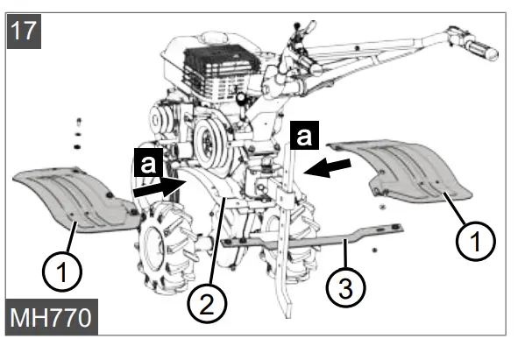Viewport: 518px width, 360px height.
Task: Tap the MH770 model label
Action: tap(51, 318)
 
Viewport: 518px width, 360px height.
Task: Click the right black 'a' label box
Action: tap(305, 138)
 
